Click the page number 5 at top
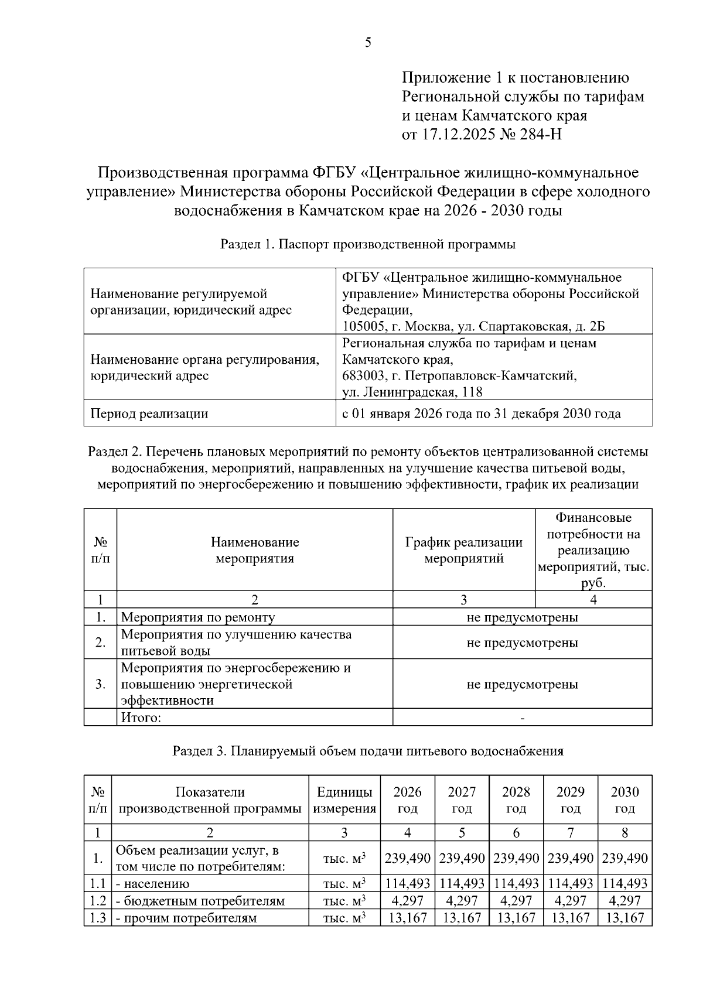pyautogui.click(x=367, y=42)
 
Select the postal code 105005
pyautogui.click(x=362, y=326)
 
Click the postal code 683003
pyautogui.click(x=362, y=375)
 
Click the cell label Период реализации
pyautogui.click(x=149, y=414)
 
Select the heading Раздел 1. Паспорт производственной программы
pyautogui.click(x=367, y=244)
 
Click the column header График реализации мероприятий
pyautogui.click(x=463, y=550)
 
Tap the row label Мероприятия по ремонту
pyautogui.click(x=197, y=617)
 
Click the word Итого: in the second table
pyautogui.click(x=141, y=717)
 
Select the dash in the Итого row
pyautogui.click(x=522, y=718)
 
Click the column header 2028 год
pyautogui.click(x=516, y=800)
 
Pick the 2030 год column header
pyautogui.click(x=624, y=800)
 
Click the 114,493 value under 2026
pyautogui.click(x=407, y=883)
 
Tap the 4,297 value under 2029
pyautogui.click(x=570, y=900)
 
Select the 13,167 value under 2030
pyautogui.click(x=624, y=917)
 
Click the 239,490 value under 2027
pyautogui.click(x=462, y=858)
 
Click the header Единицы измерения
pyautogui.click(x=344, y=800)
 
